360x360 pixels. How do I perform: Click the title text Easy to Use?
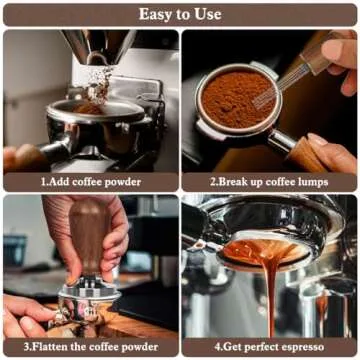tap(180, 13)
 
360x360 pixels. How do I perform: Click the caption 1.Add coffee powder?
tap(90, 183)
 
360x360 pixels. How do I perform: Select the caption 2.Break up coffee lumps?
tap(269, 183)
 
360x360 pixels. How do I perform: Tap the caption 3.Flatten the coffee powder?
tap(90, 347)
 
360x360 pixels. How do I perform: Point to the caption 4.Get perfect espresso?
tap(269, 347)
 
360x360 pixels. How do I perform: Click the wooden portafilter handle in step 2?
tap(305, 150)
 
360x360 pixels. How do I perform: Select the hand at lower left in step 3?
tap(25, 315)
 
